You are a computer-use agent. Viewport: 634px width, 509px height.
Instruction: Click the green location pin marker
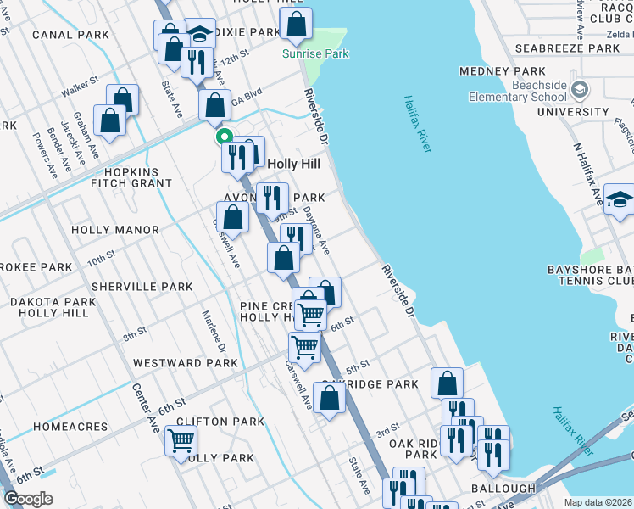[224, 136]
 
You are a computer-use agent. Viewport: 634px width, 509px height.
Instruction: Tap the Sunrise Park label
[315, 53]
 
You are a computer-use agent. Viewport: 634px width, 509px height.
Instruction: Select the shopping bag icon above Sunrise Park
[296, 25]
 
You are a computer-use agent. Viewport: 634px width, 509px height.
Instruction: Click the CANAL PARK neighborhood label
[71, 35]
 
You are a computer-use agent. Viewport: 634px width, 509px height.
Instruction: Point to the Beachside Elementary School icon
[580, 88]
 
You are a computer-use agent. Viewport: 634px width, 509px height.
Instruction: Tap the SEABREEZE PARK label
[572, 48]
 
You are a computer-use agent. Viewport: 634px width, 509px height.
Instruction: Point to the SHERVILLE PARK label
[142, 287]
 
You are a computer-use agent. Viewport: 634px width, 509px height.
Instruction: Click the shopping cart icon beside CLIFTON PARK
[181, 441]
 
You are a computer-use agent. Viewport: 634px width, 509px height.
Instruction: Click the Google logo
[28, 499]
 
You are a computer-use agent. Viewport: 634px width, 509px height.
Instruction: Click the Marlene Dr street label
[214, 332]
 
